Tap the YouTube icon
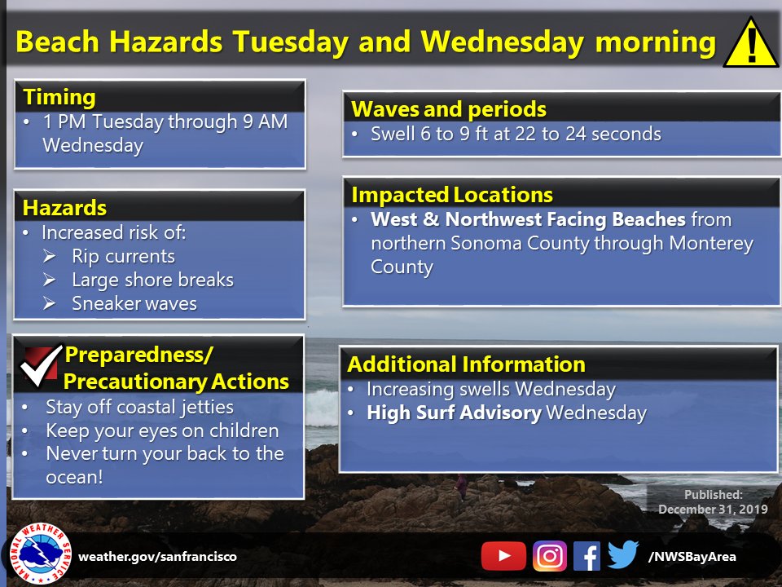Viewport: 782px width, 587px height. [503, 555]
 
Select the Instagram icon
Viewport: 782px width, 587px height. [550, 555]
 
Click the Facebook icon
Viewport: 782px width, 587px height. [586, 555]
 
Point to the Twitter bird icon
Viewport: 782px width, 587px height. [623, 554]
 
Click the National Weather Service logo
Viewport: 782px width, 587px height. [40, 554]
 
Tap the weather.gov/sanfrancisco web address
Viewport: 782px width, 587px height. [157, 557]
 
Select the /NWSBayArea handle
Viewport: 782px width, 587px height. [692, 557]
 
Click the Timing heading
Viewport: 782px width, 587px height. [59, 97]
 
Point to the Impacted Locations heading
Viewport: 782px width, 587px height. [452, 195]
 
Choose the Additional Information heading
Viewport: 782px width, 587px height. [466, 364]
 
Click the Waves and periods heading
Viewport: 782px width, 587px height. [448, 109]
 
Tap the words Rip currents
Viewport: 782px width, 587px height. [123, 256]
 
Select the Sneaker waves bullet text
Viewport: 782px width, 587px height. [134, 303]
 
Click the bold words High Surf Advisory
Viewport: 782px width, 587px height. [454, 413]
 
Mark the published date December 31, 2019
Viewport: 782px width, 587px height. [713, 509]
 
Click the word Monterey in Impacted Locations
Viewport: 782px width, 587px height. [710, 244]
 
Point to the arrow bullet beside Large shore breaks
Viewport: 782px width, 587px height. [49, 280]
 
